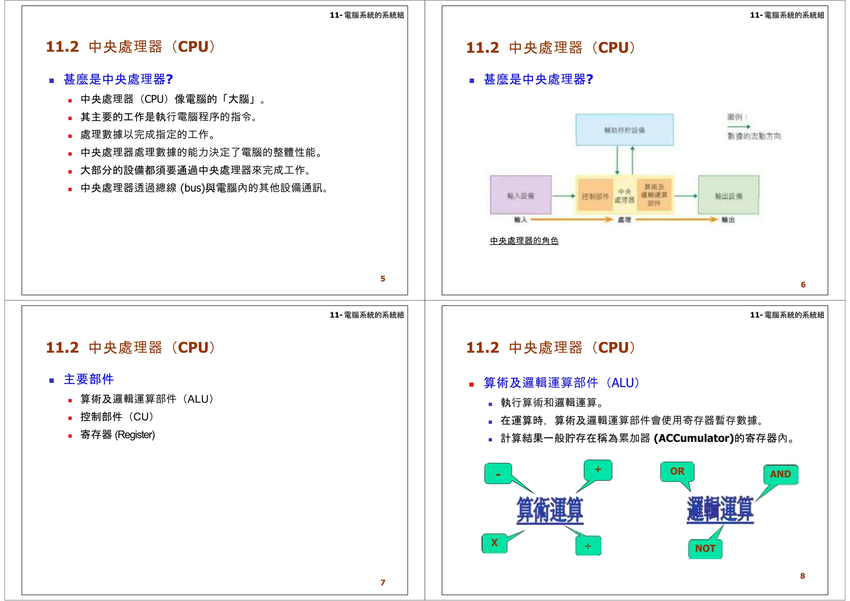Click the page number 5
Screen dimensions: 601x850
click(383, 279)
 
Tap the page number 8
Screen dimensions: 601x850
click(802, 576)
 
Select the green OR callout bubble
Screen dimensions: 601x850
click(677, 472)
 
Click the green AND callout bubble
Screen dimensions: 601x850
click(780, 474)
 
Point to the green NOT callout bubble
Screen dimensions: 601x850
click(705, 548)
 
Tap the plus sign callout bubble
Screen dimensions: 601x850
click(598, 470)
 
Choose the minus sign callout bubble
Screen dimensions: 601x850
click(498, 474)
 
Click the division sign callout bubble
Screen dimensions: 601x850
click(588, 546)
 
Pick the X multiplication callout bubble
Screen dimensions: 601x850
click(494, 543)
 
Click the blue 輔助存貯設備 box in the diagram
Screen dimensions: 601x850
click(624, 130)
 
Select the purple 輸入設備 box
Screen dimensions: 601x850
click(520, 195)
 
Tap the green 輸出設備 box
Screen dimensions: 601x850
click(728, 195)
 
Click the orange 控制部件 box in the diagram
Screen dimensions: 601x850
click(595, 196)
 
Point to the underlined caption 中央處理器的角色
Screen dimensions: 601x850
click(524, 241)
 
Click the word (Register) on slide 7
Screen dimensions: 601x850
click(135, 435)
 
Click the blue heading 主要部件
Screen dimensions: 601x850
click(89, 379)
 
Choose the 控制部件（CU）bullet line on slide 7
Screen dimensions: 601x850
click(117, 417)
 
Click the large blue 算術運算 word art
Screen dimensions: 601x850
click(550, 510)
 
